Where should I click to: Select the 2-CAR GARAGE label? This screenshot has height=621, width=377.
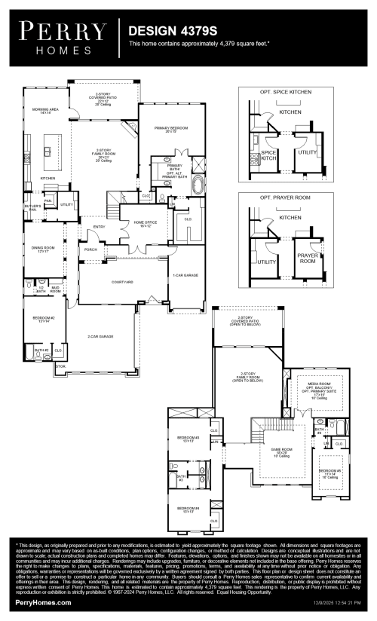[x=100, y=336]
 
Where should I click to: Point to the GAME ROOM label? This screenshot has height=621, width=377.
[x=281, y=450]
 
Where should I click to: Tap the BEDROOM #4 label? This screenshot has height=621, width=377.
[x=187, y=509]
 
